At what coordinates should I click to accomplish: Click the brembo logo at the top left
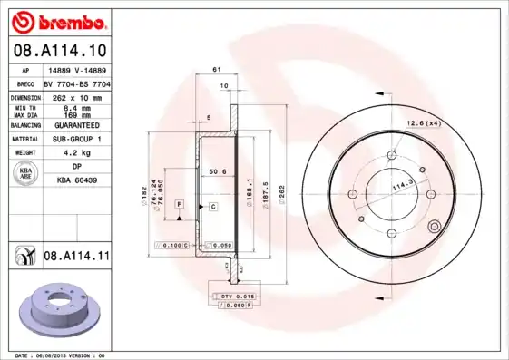click(x=58, y=20)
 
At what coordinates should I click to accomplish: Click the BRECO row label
click(x=25, y=83)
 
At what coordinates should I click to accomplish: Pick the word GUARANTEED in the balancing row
click(x=73, y=125)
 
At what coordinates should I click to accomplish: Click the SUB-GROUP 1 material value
click(x=73, y=139)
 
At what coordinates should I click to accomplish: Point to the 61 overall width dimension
click(x=217, y=70)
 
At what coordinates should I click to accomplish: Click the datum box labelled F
click(x=180, y=207)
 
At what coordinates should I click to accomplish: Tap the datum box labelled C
click(x=212, y=207)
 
